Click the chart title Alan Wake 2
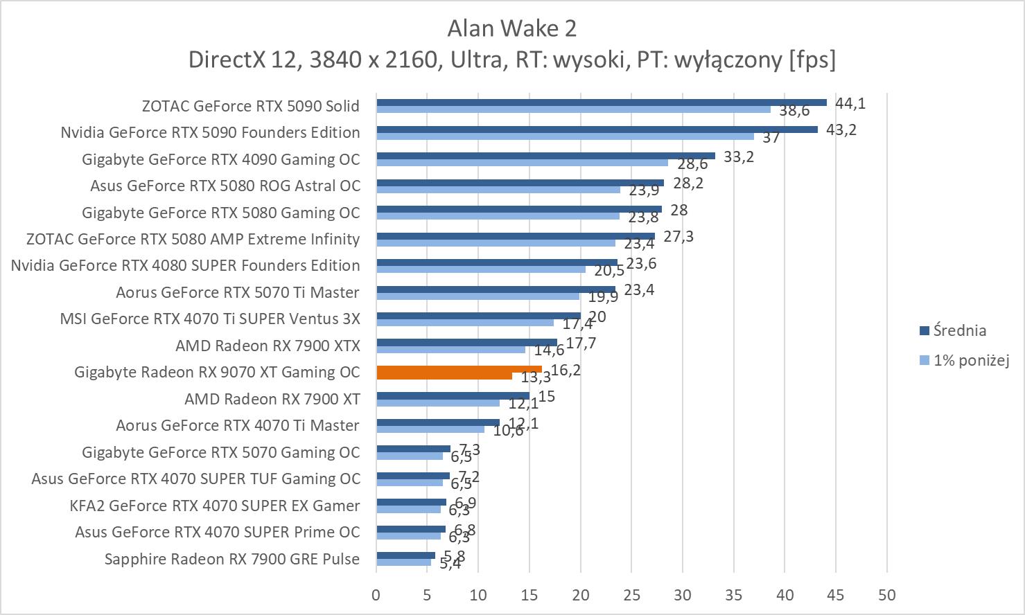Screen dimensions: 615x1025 [x=511, y=28]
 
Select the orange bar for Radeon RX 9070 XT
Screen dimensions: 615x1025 [x=459, y=369]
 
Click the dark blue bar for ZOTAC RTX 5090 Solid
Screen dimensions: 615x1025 [x=601, y=102]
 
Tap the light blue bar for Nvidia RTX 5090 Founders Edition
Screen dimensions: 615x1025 [x=565, y=136]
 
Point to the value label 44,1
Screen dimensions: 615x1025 [x=850, y=103]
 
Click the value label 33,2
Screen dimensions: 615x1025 [x=739, y=157]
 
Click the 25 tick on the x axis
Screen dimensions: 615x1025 [x=631, y=595]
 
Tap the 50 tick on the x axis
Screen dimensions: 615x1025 [x=886, y=595]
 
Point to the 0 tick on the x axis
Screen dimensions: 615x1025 [x=376, y=595]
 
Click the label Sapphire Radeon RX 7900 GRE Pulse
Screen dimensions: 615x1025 [x=232, y=559]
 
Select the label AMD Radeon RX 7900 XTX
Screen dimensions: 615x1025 [x=268, y=345]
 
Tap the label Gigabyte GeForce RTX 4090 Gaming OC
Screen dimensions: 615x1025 [x=221, y=159]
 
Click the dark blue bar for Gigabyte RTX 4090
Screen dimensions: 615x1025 [x=545, y=156]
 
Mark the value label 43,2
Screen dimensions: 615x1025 [x=841, y=130]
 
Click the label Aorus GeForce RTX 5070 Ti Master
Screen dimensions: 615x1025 [x=238, y=292]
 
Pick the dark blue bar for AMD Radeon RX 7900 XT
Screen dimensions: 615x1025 [x=453, y=395]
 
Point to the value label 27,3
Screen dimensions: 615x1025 [x=678, y=236]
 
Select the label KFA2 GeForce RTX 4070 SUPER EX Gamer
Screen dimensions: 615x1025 [x=215, y=506]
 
